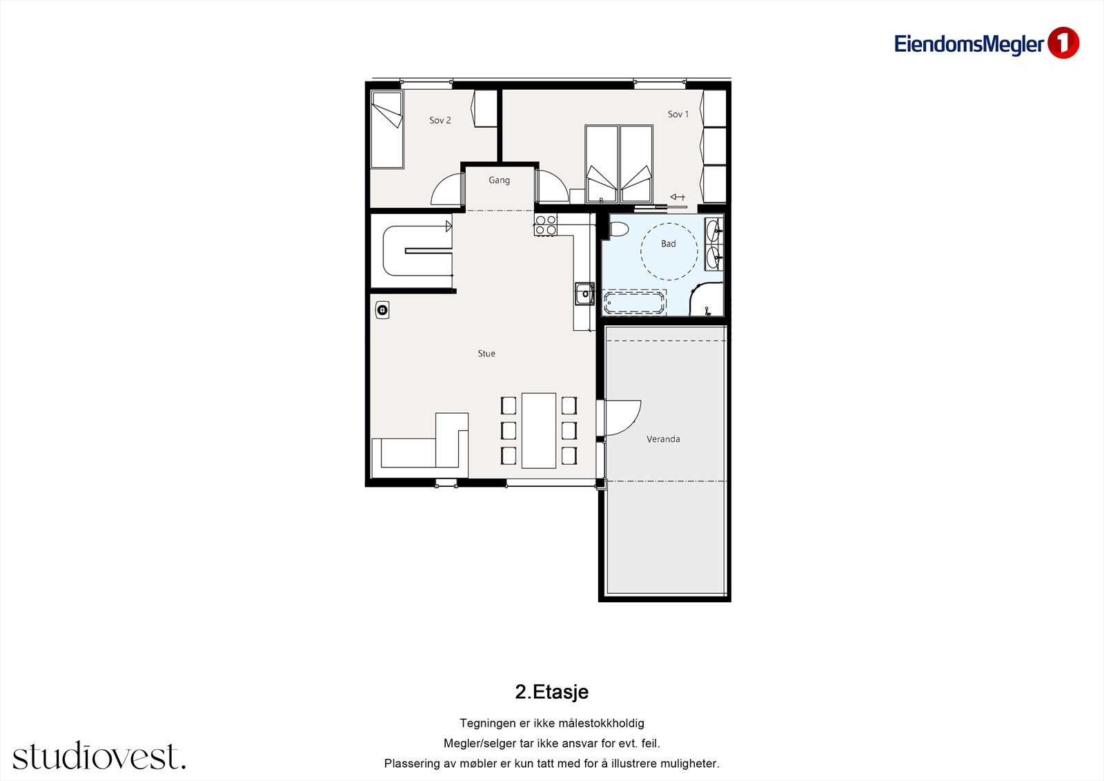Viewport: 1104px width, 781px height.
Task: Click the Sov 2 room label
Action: pos(440,120)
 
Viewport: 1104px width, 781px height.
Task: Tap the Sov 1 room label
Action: pos(678,114)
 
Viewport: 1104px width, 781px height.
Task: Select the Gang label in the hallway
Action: pos(499,180)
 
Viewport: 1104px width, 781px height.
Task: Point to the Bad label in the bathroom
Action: pos(668,244)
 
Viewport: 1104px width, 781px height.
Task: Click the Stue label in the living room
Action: pos(486,354)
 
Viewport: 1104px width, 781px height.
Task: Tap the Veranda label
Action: pos(663,439)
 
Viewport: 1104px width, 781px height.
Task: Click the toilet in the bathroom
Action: pos(618,229)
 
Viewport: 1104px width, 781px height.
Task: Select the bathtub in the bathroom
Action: pos(635,302)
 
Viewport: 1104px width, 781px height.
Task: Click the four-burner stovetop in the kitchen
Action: pos(546,225)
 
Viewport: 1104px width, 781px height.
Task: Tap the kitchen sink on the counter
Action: pos(584,293)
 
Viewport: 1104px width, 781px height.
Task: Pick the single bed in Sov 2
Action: pos(386,130)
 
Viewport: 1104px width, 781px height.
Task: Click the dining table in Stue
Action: pos(539,430)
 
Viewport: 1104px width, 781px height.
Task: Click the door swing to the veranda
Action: pos(622,418)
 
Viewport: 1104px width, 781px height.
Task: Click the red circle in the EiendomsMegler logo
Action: pos(1063,44)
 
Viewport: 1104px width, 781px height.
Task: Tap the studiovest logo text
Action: pos(99,756)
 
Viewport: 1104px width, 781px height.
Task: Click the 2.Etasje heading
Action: pos(551,692)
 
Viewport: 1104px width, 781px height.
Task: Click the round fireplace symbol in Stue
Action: pos(382,310)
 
